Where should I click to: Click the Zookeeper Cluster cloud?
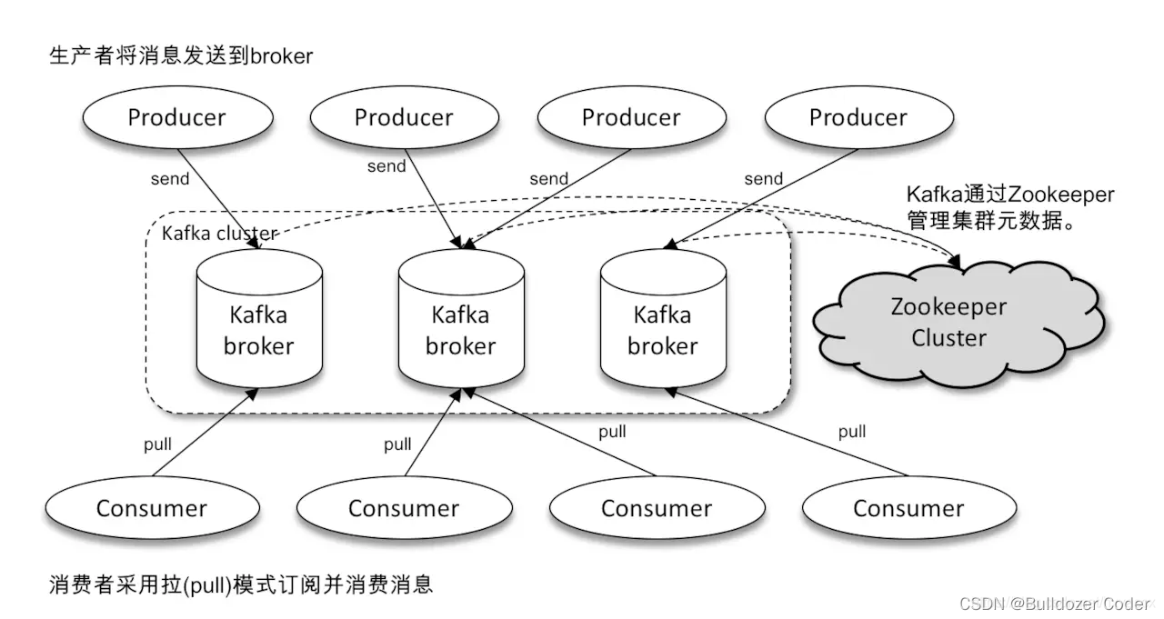click(949, 323)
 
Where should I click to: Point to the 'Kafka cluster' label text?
click(218, 234)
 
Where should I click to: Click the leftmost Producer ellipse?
click(176, 117)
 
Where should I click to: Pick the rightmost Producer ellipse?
click(858, 117)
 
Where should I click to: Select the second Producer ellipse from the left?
click(404, 117)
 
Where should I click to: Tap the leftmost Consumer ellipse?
click(152, 508)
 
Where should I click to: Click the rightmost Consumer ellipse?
click(908, 508)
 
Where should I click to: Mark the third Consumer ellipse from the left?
click(657, 508)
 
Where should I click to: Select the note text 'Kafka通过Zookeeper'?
click(1009, 195)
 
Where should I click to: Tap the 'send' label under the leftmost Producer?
click(170, 178)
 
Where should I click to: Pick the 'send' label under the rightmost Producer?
click(764, 178)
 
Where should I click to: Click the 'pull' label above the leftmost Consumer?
click(157, 444)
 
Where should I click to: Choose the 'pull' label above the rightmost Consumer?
click(852, 432)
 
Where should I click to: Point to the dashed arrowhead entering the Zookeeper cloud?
click(958, 265)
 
